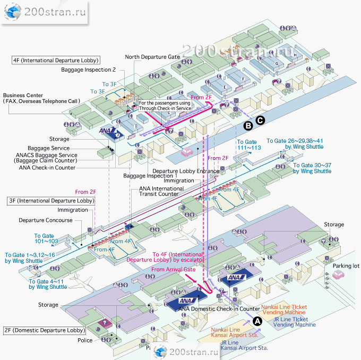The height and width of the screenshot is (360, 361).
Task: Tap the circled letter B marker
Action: pyautogui.click(x=247, y=126)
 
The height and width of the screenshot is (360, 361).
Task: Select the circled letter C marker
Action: pyautogui.click(x=260, y=121)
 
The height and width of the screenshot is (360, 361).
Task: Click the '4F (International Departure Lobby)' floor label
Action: pyautogui.click(x=56, y=61)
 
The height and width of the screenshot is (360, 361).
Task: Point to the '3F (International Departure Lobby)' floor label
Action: pyautogui.click(x=51, y=201)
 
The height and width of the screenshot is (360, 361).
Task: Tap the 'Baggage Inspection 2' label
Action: pyautogui.click(x=88, y=70)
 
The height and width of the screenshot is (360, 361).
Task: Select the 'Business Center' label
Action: pyautogui.click(x=23, y=95)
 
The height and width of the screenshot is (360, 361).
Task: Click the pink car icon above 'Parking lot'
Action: pyautogui.click(x=339, y=276)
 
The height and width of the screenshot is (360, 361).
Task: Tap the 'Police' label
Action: pyautogui.click(x=85, y=340)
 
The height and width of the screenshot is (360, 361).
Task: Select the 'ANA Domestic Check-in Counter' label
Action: pyautogui.click(x=219, y=308)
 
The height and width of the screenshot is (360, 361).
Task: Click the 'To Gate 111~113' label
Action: pyautogui.click(x=249, y=145)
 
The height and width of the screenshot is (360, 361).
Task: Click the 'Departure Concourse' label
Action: pyautogui.click(x=46, y=220)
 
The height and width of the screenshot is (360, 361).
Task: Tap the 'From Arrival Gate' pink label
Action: pyautogui.click(x=173, y=270)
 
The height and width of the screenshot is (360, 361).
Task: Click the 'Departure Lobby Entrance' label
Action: pyautogui.click(x=186, y=171)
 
